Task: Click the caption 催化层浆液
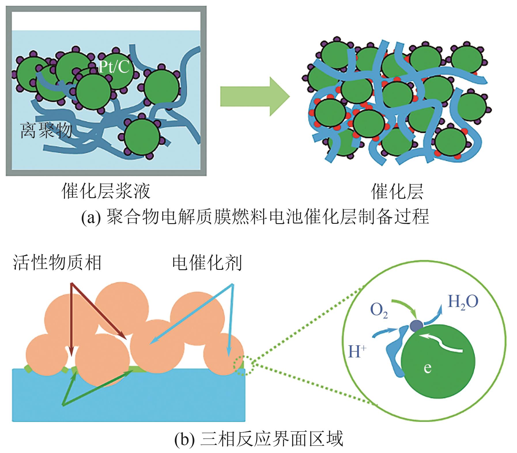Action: click(106, 191)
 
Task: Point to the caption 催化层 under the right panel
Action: click(397, 191)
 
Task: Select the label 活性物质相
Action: click(57, 263)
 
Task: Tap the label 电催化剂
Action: click(207, 263)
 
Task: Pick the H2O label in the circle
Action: click(463, 302)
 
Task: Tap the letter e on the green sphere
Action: click(428, 368)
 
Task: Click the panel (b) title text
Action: click(258, 439)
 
